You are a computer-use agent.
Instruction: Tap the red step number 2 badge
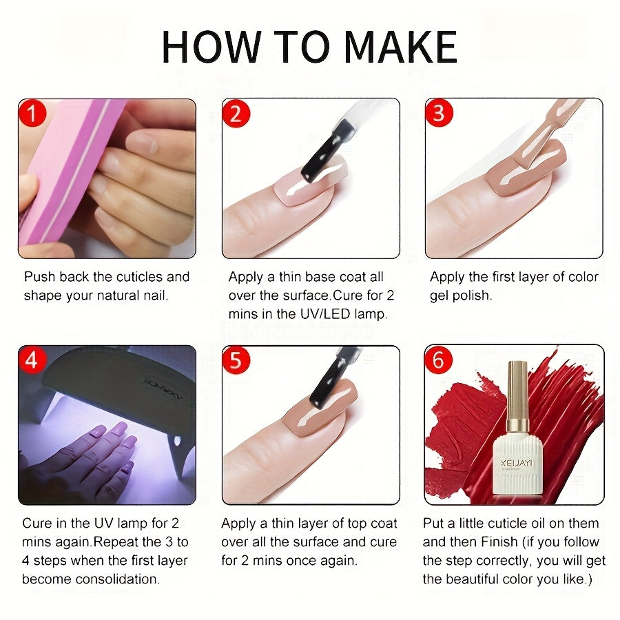236,113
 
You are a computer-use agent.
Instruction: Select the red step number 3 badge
439,112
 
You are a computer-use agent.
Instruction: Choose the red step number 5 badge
236,360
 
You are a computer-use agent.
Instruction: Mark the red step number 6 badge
439,359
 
